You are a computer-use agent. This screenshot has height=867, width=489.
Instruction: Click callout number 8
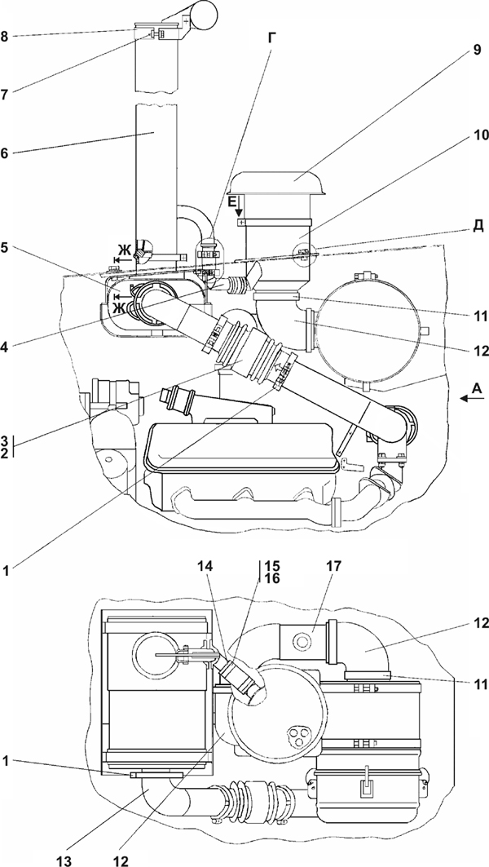click(x=4, y=38)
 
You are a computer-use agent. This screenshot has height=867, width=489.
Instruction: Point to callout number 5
click(x=4, y=248)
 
